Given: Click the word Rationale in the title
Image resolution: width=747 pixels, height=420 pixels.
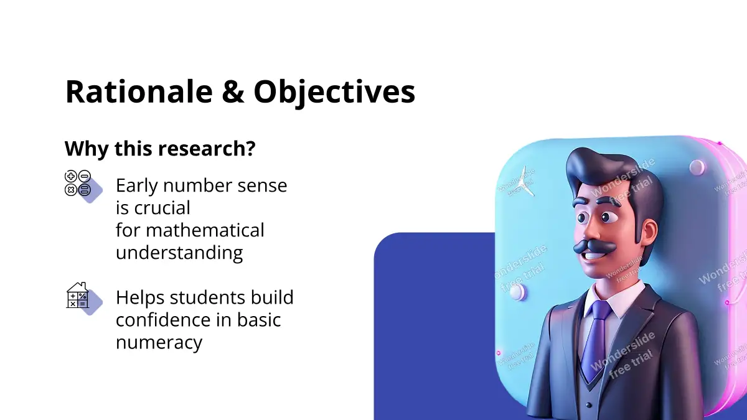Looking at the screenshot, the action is [x=139, y=91].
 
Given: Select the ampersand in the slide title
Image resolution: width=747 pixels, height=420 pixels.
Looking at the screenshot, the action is [x=233, y=91].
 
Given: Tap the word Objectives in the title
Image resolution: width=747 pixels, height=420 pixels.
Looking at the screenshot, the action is [x=334, y=94].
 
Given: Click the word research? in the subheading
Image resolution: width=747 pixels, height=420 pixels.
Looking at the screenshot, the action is [x=207, y=149].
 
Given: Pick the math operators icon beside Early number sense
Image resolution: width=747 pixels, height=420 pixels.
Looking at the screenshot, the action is [x=83, y=186].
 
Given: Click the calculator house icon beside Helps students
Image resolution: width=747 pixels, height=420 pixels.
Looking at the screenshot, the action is [x=83, y=298].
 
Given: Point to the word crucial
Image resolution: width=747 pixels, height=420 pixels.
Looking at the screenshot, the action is [x=162, y=208].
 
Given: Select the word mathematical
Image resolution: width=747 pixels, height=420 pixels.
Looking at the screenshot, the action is [x=205, y=230].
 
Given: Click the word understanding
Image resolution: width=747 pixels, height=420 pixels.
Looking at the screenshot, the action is [x=179, y=253].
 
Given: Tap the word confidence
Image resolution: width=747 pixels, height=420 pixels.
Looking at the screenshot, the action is [x=164, y=319].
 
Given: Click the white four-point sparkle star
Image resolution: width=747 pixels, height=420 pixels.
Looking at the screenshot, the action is [x=524, y=182].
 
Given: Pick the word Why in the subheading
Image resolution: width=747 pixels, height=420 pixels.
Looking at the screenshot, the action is [x=87, y=149].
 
